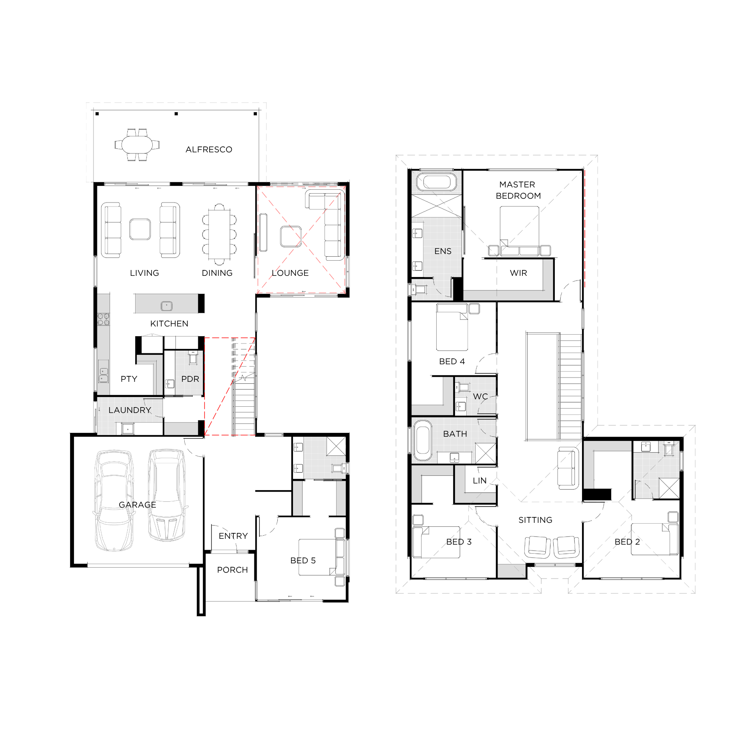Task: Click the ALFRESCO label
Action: (x=209, y=150)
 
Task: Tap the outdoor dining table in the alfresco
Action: (x=137, y=145)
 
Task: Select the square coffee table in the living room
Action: (x=140, y=229)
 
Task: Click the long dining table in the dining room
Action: (x=219, y=235)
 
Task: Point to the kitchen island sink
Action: (x=167, y=306)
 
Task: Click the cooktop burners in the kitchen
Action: (x=103, y=319)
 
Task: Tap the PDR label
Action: (x=190, y=379)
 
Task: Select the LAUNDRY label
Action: (x=130, y=410)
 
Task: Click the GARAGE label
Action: (x=138, y=505)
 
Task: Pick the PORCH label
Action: (x=233, y=570)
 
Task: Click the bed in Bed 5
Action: (x=318, y=557)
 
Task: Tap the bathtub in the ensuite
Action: (x=436, y=182)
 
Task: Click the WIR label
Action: (x=519, y=273)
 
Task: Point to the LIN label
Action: (x=480, y=481)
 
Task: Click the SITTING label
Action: (x=535, y=520)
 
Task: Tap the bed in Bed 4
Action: (x=452, y=328)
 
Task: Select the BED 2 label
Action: (x=627, y=542)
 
